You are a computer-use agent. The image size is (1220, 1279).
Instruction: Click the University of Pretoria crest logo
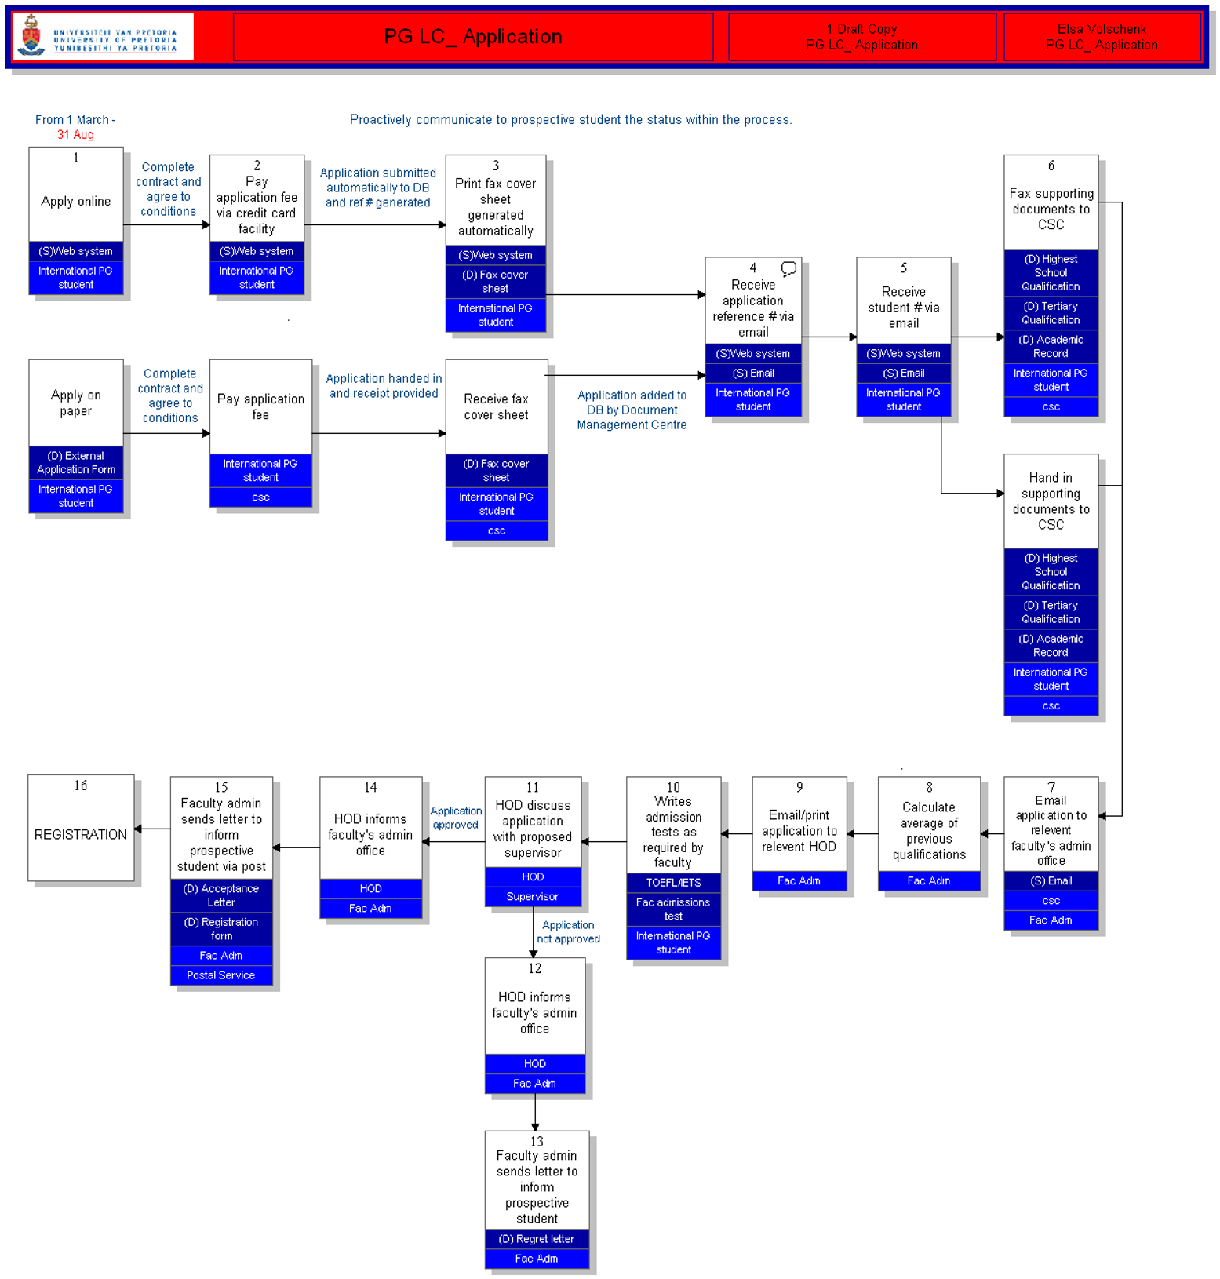31,35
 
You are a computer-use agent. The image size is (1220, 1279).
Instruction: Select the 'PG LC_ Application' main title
472,37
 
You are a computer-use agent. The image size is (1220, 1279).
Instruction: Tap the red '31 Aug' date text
75,135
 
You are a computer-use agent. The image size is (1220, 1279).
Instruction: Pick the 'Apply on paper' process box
76,403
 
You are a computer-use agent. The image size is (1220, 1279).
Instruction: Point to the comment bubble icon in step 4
788,269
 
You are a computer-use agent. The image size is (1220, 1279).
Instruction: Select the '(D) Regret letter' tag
537,1239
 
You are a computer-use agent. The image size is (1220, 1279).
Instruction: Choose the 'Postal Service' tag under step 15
221,975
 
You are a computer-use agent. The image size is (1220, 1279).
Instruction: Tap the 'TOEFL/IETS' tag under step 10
673,883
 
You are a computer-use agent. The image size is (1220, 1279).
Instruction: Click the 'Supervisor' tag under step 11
533,897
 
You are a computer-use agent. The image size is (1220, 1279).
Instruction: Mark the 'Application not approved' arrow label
568,932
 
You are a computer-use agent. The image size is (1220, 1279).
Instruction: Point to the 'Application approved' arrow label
456,818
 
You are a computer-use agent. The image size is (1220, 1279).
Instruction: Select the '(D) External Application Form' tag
76,463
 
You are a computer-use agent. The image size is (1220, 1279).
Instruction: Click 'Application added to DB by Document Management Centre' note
632,410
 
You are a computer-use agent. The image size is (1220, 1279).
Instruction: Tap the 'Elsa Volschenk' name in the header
1102,29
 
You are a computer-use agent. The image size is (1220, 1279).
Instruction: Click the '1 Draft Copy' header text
861,29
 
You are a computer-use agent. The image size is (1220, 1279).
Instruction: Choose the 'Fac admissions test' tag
673,909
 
